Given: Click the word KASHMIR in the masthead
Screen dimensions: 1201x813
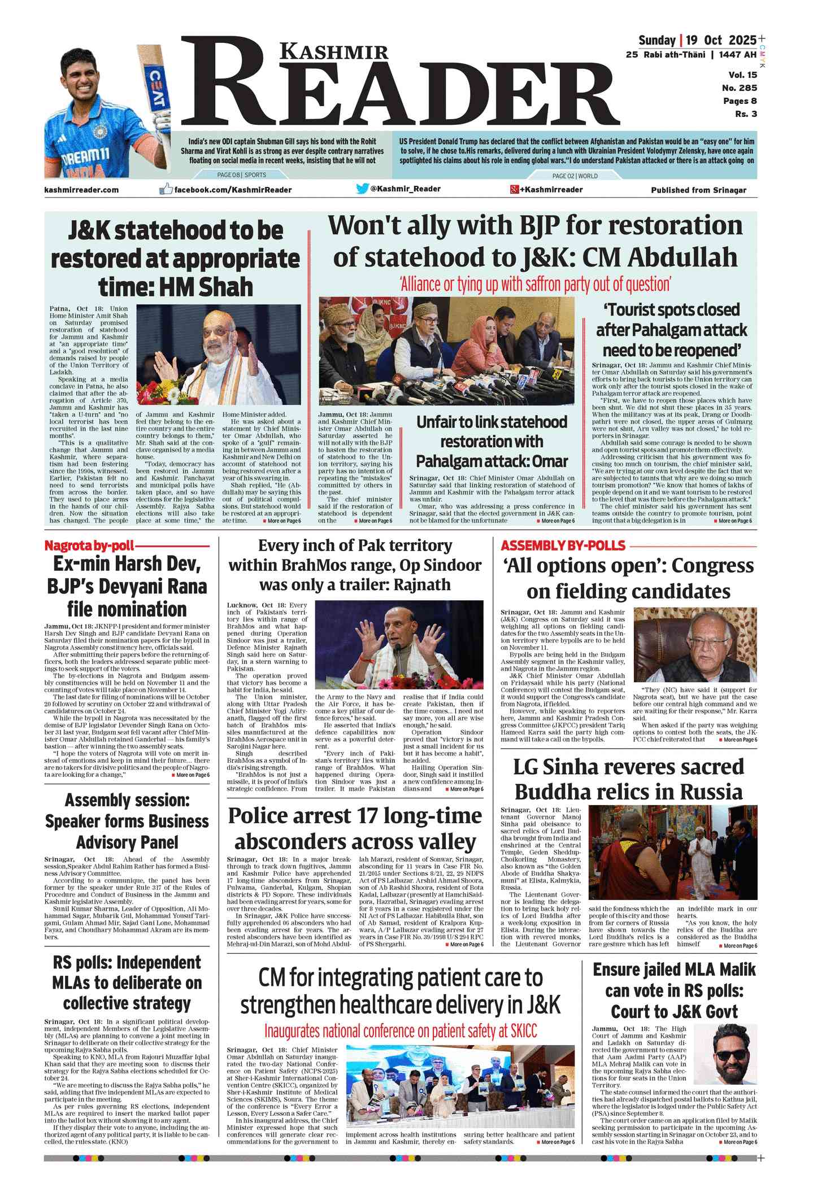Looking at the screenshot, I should (334, 52).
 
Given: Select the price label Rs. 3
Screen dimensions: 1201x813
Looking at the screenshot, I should (746, 114).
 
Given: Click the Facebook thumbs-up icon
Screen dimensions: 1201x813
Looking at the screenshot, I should (166, 189).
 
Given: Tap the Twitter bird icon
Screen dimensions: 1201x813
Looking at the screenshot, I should (362, 189).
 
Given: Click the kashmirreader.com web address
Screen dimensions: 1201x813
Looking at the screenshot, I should (81, 190).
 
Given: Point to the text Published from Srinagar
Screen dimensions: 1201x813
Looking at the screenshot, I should (698, 190).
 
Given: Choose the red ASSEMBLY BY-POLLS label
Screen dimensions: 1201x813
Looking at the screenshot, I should (563, 545).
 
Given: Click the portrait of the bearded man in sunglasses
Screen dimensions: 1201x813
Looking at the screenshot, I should (734, 1055).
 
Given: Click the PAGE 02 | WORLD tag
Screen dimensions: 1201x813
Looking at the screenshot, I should (575, 176).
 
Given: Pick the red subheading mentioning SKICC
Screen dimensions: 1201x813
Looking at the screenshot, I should (401, 1031).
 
